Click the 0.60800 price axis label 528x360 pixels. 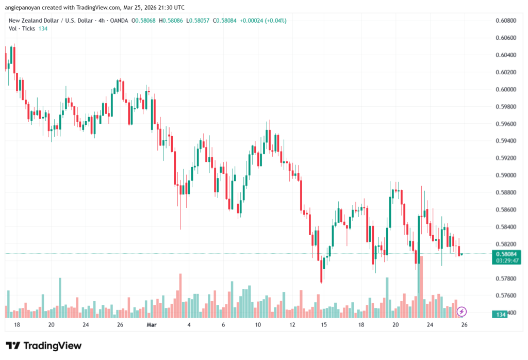coord(506,21)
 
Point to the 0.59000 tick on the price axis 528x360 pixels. coord(506,175)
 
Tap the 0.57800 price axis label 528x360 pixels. coord(506,279)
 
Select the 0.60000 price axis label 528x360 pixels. coord(506,89)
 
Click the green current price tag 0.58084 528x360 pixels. coord(506,254)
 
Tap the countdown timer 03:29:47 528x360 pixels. coord(506,261)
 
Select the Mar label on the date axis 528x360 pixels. coord(151,325)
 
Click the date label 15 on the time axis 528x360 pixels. coord(324,325)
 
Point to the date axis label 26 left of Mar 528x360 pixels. coord(120,325)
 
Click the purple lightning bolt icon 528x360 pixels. coord(462,312)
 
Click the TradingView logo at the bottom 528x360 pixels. coord(44,346)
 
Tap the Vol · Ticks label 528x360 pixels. coord(22,28)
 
